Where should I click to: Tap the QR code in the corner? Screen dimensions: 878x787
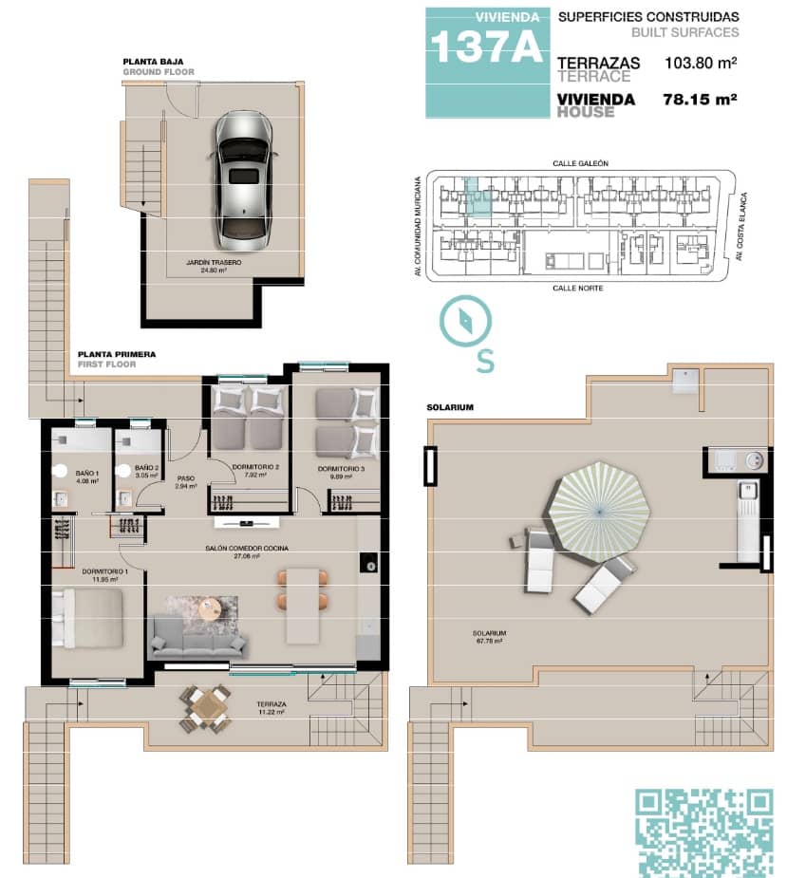pyautogui.click(x=703, y=831)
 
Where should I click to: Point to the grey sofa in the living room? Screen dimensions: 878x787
pyautogui.click(x=197, y=641)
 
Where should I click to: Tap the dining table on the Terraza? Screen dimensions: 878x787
pyautogui.click(x=206, y=708)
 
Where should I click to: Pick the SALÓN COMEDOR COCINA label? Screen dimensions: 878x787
pyautogui.click(x=248, y=549)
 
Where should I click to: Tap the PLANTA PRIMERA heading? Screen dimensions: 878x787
pyautogui.click(x=117, y=354)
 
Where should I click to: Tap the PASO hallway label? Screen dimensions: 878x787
pyautogui.click(x=185, y=479)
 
